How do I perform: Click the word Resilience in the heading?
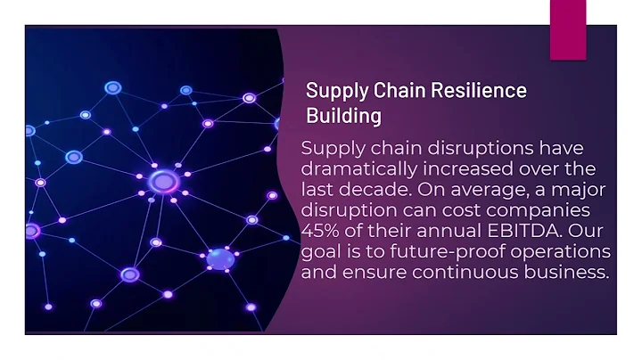[479, 90]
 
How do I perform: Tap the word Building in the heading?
[344, 116]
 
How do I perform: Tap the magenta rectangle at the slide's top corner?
[568, 29]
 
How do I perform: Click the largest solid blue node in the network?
[220, 259]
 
